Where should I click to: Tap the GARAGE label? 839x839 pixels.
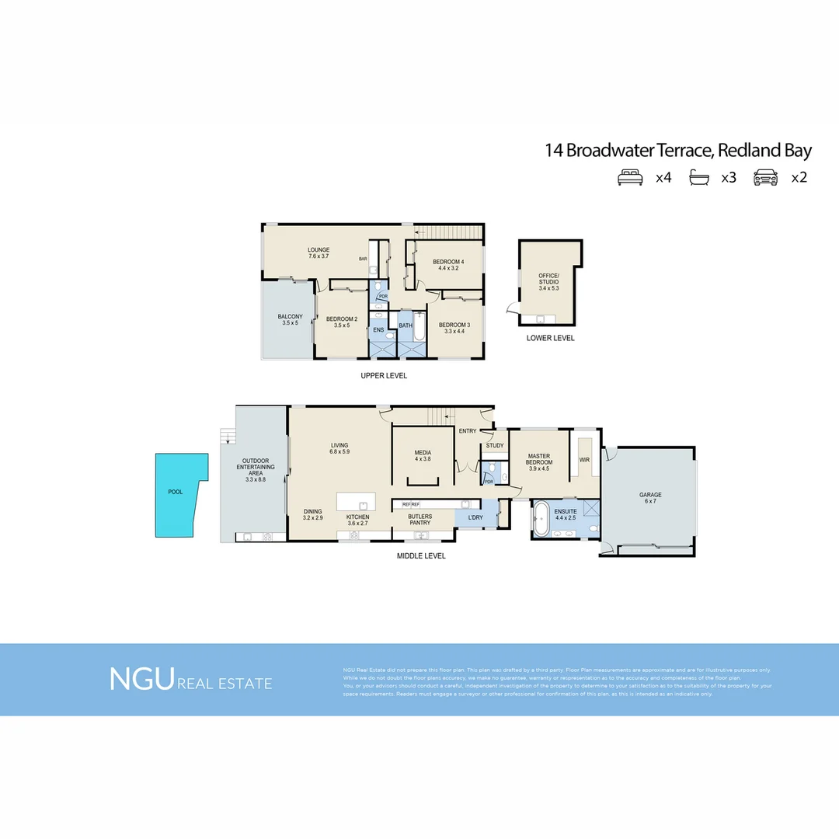pos(649,494)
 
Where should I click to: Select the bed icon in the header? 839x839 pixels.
pos(630,177)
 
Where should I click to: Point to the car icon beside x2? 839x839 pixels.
pos(765,177)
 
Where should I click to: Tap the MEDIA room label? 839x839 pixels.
pos(423,452)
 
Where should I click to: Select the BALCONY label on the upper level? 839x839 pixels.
pos(291,317)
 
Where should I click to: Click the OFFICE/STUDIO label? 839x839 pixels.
pos(548,279)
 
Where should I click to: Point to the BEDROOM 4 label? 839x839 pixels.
pos(448,262)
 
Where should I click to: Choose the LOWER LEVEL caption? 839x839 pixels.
pos(550,339)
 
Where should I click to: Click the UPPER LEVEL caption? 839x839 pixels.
pos(384,376)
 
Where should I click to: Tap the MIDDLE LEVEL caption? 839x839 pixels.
pos(421,556)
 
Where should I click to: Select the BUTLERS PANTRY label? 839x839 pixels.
pos(419,519)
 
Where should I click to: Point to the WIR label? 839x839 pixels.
pos(584,460)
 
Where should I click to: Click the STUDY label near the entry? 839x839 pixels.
pos(495,446)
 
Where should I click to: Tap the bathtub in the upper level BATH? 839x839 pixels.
pos(419,328)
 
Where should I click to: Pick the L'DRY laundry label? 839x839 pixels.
pos(475,517)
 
